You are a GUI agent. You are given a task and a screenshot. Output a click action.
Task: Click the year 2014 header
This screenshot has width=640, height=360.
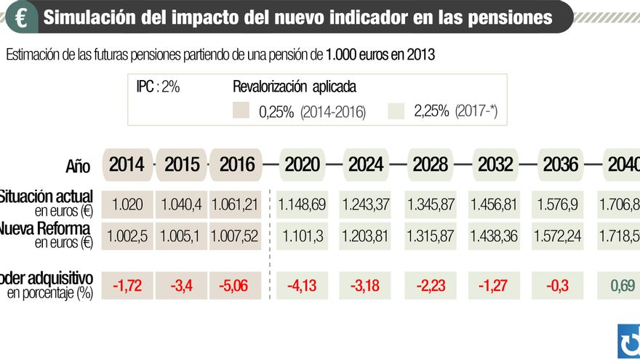pyautogui.click(x=127, y=164)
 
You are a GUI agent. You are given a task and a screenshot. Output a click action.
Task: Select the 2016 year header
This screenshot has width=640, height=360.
pyautogui.click(x=237, y=164)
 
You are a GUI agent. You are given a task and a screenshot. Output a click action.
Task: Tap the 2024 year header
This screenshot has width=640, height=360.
pyautogui.click(x=366, y=164)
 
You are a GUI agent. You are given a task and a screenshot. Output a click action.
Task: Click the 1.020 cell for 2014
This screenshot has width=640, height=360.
pyautogui.click(x=127, y=204)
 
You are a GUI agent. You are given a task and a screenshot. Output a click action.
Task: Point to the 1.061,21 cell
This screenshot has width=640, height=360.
pyautogui.click(x=235, y=204)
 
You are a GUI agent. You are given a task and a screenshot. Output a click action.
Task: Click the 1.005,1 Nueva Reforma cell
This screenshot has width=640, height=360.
pyautogui.click(x=182, y=236)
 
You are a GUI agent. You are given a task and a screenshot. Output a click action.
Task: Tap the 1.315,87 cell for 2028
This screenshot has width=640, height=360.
pyautogui.click(x=431, y=236)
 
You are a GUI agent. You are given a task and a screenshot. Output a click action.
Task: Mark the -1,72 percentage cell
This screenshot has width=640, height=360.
pyautogui.click(x=127, y=286)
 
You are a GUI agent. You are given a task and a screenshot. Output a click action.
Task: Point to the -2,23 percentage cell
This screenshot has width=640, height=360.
pyautogui.click(x=431, y=286)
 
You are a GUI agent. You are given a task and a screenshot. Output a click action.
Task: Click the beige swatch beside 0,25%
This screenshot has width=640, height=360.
pyautogui.click(x=241, y=111)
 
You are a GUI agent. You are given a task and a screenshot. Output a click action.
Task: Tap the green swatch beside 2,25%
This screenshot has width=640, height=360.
pyautogui.click(x=397, y=111)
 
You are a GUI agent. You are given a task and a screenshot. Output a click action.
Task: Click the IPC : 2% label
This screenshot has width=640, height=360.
pyautogui.click(x=158, y=87)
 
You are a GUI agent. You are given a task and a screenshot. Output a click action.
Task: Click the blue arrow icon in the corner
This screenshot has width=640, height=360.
pyautogui.click(x=628, y=340)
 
